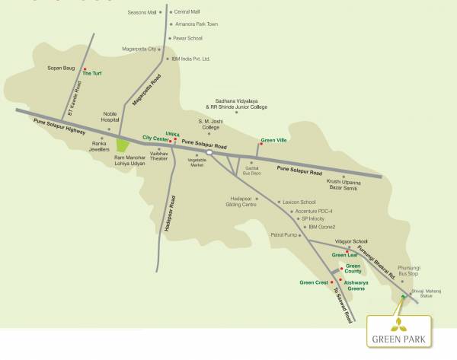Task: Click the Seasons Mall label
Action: click(x=145, y=12)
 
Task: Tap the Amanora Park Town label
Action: click(x=196, y=24)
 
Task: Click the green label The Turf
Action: click(x=92, y=73)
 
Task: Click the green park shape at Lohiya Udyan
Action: click(x=122, y=143)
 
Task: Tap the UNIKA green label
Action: click(x=173, y=133)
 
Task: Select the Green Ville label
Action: click(x=274, y=140)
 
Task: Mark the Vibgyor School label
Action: click(x=351, y=241)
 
